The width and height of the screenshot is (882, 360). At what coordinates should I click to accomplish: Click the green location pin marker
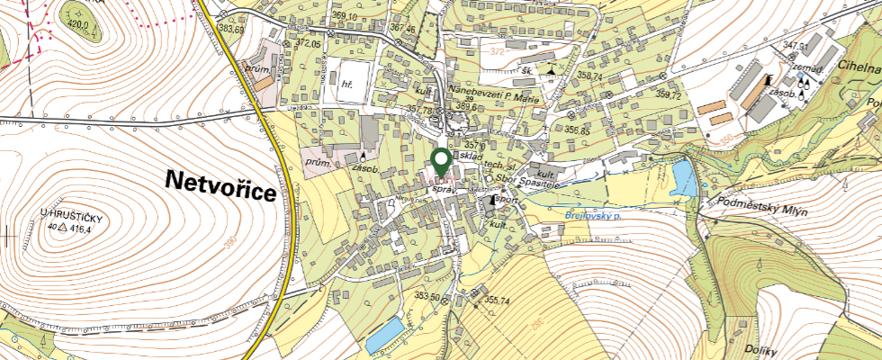click(x=441, y=162)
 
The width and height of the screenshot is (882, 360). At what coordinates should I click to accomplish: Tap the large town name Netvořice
click(x=220, y=180)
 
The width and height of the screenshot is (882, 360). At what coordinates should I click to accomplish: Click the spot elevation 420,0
click(x=81, y=25)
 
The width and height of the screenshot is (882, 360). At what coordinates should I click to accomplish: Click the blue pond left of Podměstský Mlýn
click(x=684, y=177)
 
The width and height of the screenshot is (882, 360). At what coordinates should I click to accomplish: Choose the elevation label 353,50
click(x=427, y=296)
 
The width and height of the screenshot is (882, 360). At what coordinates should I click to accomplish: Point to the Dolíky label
click(x=761, y=348)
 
